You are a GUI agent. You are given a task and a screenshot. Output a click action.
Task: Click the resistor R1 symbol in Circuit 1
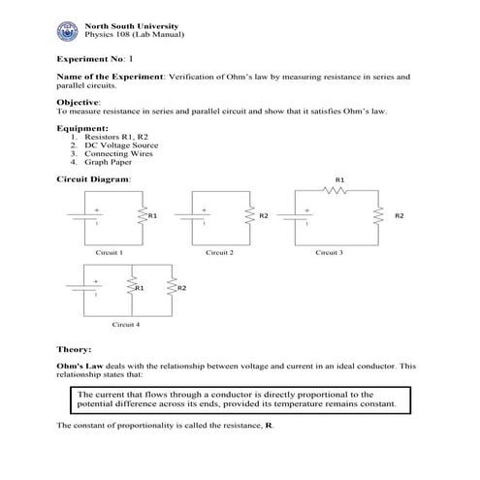coord(142,215)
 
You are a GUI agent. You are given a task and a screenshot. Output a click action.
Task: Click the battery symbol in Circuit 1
coord(96,215)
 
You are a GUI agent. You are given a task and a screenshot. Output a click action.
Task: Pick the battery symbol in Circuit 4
coord(96,288)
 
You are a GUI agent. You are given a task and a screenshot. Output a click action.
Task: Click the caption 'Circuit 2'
coord(219,251)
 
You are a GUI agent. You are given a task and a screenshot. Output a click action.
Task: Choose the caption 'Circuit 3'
coord(329,251)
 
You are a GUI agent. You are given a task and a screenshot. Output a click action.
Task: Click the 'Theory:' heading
coord(75,348)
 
